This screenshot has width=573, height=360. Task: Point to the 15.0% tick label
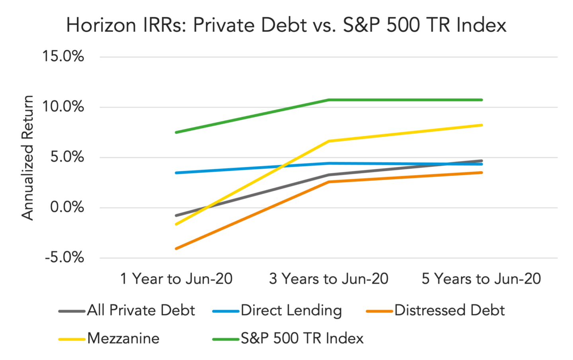pos(63,56)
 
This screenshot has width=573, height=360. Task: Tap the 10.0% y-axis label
pos(63,106)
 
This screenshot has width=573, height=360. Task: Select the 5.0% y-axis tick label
pos(67,157)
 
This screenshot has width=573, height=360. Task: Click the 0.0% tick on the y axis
pos(67,207)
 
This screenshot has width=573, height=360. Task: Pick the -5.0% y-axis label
pos(64,257)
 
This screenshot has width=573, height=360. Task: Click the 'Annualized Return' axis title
pos(27,157)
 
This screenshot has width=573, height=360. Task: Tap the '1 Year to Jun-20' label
pos(176,279)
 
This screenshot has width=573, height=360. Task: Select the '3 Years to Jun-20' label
pos(329,279)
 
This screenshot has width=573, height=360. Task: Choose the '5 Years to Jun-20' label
pos(481,279)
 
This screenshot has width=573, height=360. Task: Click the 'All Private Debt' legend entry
pos(127,310)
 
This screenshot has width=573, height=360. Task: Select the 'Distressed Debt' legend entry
pos(436,310)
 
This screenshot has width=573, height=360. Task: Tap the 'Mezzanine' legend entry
pos(109,338)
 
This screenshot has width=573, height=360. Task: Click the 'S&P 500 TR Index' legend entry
pos(288,338)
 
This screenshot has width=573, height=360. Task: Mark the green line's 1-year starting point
pos(176,132)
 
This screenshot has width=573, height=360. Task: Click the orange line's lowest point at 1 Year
pos(176,248)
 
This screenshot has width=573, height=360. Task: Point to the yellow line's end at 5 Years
pos(481,125)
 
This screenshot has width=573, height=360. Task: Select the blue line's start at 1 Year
pos(176,173)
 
